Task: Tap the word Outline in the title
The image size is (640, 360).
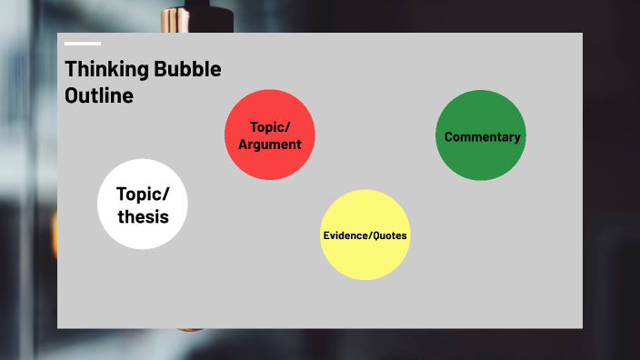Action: click(x=99, y=95)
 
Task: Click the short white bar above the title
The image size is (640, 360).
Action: click(x=83, y=43)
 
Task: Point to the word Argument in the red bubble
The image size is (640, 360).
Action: click(x=270, y=144)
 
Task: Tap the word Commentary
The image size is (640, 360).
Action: click(x=483, y=137)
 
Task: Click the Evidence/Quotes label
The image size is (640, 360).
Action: click(x=365, y=235)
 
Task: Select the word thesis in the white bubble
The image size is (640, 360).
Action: click(x=143, y=217)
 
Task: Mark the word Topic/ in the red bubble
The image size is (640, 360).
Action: click(x=269, y=127)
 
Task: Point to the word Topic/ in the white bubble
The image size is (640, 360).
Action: click(x=143, y=194)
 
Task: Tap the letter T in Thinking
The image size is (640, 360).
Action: click(x=70, y=70)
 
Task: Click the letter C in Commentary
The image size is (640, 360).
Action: click(x=449, y=137)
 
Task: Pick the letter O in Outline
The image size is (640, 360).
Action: click(x=72, y=95)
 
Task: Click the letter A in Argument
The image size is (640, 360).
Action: click(x=244, y=144)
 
